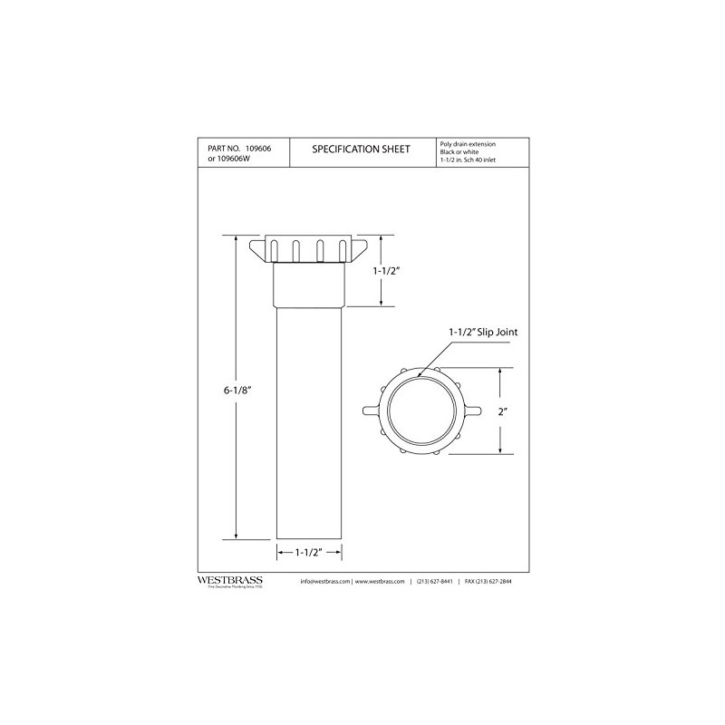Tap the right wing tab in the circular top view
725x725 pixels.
472,411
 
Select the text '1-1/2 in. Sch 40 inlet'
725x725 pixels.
466,159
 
